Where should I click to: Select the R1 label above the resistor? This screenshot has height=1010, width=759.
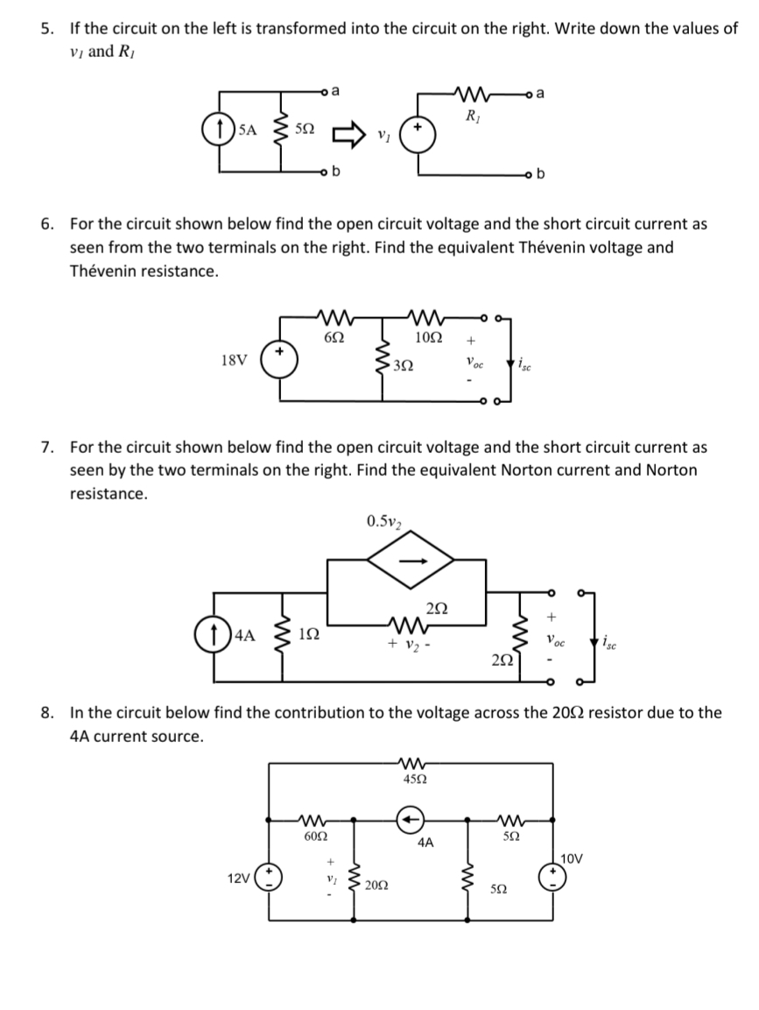472,113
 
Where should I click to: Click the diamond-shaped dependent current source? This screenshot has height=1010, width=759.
406,564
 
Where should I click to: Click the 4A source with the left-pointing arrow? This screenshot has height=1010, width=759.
410,819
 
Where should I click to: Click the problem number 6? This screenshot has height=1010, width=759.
48,223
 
